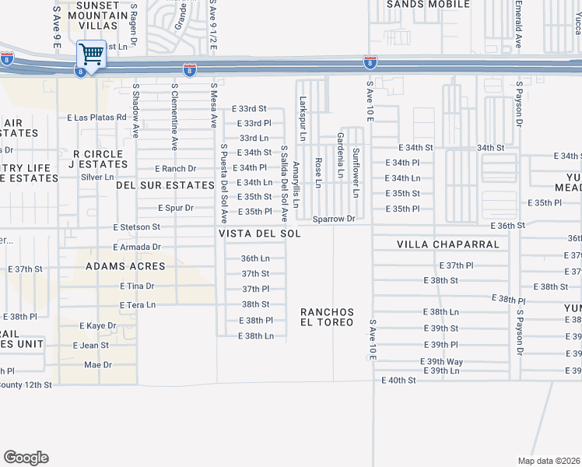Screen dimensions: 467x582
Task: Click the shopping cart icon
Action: (91, 54)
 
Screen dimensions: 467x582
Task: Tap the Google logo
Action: (26, 458)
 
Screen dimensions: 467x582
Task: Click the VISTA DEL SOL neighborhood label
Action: (259, 233)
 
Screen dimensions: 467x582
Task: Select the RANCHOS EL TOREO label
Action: (328, 317)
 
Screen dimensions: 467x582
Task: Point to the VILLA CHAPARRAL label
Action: (447, 244)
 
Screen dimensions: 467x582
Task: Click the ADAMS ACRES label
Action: (125, 266)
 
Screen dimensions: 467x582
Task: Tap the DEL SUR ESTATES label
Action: (165, 185)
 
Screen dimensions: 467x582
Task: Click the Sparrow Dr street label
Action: (334, 219)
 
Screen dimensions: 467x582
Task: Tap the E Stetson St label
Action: (136, 227)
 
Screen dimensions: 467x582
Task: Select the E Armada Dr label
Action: (136, 247)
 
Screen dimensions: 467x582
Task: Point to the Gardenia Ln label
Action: (340, 156)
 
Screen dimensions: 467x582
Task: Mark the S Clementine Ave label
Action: (174, 116)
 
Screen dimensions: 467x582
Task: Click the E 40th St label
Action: (398, 380)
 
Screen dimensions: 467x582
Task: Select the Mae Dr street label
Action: (98, 364)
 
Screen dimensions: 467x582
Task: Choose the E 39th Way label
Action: (441, 362)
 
